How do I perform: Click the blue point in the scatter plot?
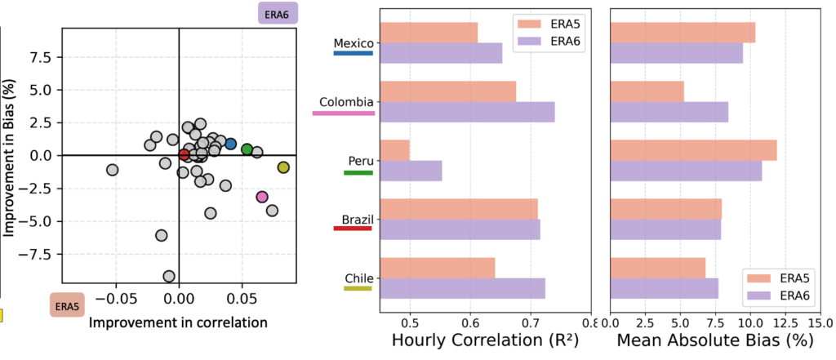point(231,144)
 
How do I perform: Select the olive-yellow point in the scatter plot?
point(283,167)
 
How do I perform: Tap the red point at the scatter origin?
point(184,155)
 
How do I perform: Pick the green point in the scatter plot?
point(247,149)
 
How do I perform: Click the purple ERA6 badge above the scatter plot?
point(278,13)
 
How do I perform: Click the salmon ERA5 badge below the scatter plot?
point(67,307)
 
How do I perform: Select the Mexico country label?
point(354,42)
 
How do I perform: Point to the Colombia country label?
point(346,102)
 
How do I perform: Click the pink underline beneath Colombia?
point(344,113)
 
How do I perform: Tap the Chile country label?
point(358,278)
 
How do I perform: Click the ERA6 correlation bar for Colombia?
point(467,112)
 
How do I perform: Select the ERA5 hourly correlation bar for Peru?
point(394,150)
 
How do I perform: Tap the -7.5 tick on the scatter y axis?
point(43,254)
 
